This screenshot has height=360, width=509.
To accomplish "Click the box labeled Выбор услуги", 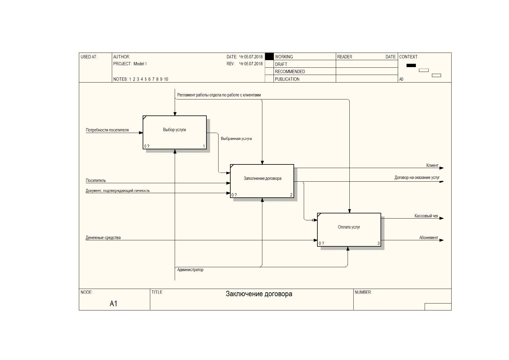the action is click(x=174, y=132).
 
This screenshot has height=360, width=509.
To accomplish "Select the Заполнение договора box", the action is click(x=262, y=181).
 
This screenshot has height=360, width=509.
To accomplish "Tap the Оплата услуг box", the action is click(x=349, y=229).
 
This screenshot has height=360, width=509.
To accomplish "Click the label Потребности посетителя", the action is click(x=107, y=130).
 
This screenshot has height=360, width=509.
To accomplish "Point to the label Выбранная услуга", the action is click(x=236, y=138).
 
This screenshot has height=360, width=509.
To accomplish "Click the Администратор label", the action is click(x=190, y=270).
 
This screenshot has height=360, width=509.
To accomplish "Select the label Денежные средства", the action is click(x=103, y=238).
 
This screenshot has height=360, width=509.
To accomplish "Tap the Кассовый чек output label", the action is click(x=426, y=216).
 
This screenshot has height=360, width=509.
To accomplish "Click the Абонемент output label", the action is click(x=429, y=238).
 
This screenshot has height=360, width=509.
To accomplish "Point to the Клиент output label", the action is click(x=432, y=165).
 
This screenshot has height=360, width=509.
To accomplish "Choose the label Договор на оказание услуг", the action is click(x=417, y=177).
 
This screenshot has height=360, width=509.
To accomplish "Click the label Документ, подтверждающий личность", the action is click(x=118, y=190).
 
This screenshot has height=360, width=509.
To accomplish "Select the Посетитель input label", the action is click(x=96, y=180).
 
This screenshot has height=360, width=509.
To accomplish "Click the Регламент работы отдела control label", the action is click(x=219, y=95).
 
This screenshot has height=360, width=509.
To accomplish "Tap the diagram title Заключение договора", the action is click(x=259, y=294).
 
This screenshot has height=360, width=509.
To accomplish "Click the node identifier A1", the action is click(x=113, y=303).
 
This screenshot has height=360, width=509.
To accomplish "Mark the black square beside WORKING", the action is click(x=269, y=56).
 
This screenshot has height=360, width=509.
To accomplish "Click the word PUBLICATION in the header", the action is click(x=287, y=79).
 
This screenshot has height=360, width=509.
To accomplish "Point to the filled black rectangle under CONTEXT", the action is click(x=411, y=66).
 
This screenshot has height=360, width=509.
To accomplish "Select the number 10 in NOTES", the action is click(x=166, y=79).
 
